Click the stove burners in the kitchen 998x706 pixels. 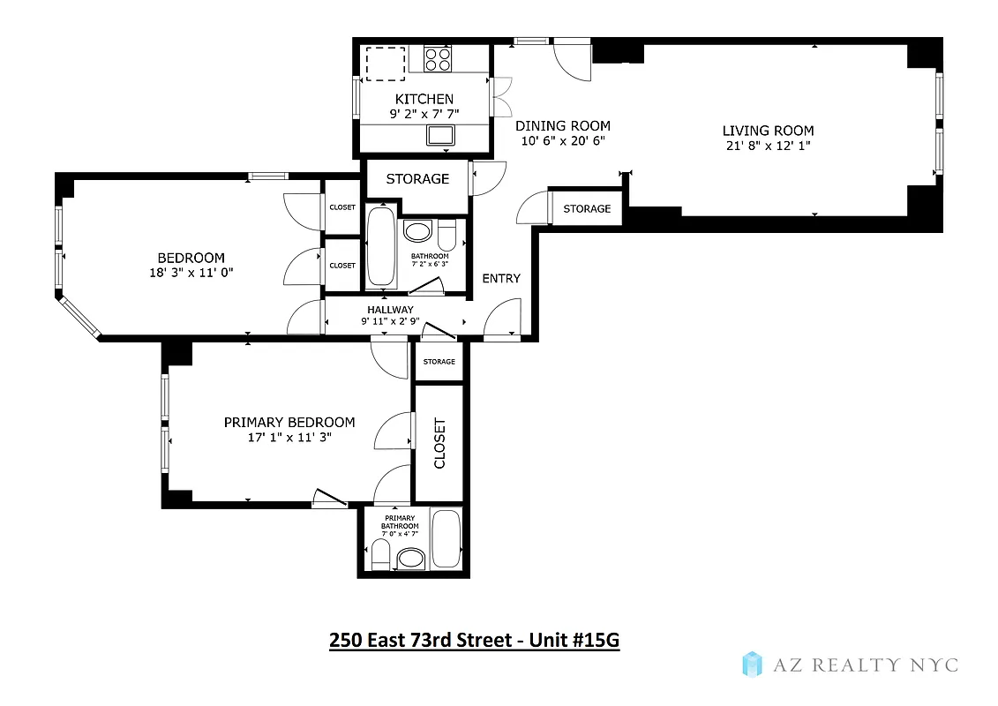[x=436, y=59]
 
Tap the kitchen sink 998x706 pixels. [x=439, y=135]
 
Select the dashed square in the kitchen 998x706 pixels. [x=386, y=63]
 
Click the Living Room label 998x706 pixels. [x=768, y=131]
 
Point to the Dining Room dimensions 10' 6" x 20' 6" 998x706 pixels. [x=563, y=141]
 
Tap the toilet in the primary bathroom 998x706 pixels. [x=381, y=554]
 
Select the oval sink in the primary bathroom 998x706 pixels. [x=410, y=558]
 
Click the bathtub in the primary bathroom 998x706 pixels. [x=446, y=538]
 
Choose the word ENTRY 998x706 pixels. [x=501, y=278]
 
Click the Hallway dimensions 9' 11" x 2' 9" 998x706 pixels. [x=389, y=322]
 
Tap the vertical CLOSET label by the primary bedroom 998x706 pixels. [x=439, y=443]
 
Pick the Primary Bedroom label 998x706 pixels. [x=289, y=422]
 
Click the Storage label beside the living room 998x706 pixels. [x=587, y=208]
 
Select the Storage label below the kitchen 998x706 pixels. [x=417, y=178]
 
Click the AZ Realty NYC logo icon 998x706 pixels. [x=752, y=664]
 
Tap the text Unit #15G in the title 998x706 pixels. [x=574, y=640]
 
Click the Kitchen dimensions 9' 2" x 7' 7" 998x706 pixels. [x=424, y=114]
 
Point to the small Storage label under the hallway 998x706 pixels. [x=439, y=362]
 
